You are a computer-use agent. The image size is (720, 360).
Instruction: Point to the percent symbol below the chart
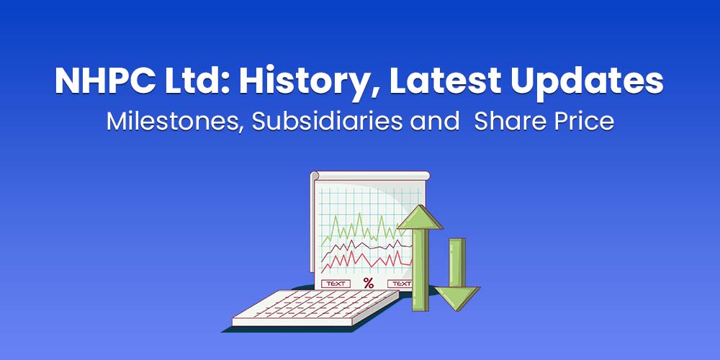[369, 283]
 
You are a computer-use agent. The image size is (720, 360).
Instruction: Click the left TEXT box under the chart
[336, 283]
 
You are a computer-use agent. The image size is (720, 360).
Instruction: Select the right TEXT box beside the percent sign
[400, 283]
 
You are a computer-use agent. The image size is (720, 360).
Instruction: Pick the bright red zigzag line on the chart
[360, 261]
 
